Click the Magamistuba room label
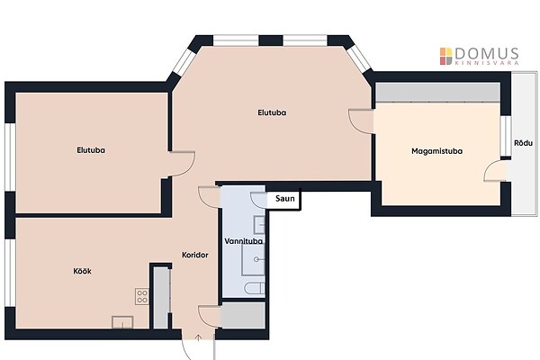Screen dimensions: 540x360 pos(436,151)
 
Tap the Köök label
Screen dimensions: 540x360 pos(82,271)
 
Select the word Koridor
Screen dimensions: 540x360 pos(195,255)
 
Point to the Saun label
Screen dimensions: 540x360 pos(285,198)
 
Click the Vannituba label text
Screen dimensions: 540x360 pos(244,241)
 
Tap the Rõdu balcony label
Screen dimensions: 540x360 pos(523,142)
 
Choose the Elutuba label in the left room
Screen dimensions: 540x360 pos(91,150)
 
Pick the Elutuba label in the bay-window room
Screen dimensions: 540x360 pos(272,112)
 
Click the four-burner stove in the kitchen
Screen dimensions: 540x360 pos(142,296)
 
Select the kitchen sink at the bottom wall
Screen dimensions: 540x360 pos(122,322)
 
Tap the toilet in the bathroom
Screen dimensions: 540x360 pos(255,289)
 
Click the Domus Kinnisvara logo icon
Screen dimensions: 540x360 pos(445,56)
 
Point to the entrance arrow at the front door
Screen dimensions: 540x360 pos(198,337)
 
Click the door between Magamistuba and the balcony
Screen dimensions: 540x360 pos(495,170)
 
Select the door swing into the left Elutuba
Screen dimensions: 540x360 pos(182,165)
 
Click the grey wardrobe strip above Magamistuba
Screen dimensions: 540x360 pos(437,92)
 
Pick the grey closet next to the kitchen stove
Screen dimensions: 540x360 pos(161,298)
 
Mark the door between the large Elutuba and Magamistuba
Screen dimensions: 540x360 pos(361,121)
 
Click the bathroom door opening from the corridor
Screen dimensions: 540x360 pos(210,197)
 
